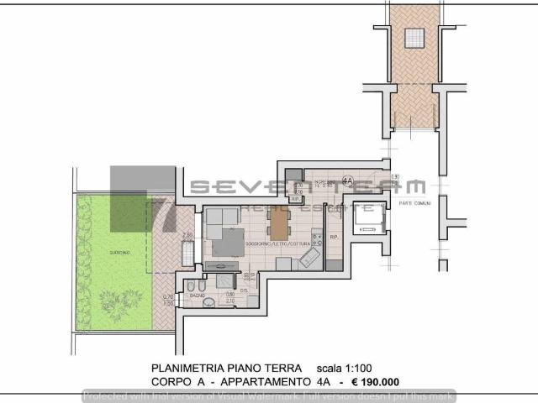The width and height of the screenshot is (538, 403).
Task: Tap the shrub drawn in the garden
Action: click(119, 298)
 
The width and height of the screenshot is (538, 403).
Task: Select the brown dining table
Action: click(278, 223)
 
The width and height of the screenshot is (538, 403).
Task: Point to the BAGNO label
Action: click(198, 296)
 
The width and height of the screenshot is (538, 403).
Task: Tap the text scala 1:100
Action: click(345, 368)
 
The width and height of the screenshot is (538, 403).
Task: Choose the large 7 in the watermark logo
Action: click(160, 215)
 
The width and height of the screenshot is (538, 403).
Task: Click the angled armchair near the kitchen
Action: click(309, 259)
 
